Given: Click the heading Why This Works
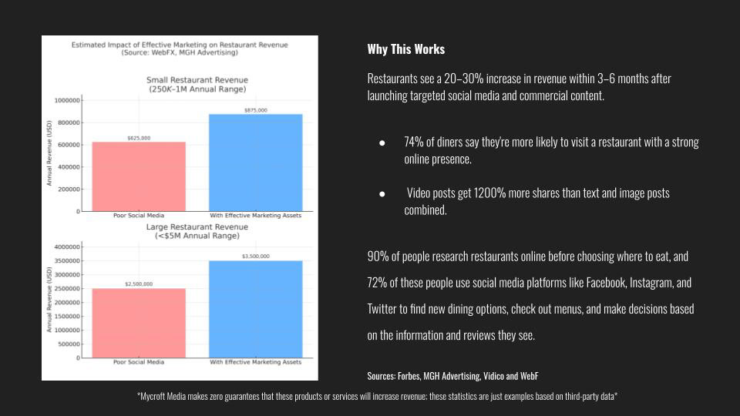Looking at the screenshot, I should coord(406,49).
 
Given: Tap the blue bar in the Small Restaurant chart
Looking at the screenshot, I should coord(256,162).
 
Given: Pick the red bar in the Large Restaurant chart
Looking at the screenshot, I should coord(139,323).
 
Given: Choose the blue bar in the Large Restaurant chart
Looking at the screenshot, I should coord(256,309).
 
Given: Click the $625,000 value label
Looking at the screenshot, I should coord(139,138).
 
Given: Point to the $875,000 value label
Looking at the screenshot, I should coord(256,110).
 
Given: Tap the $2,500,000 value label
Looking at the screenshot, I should coord(139,284).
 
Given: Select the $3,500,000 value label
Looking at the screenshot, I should coord(256,257).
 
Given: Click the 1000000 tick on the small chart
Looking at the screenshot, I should coord(66,100).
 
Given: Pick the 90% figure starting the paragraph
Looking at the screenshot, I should coord(378,257).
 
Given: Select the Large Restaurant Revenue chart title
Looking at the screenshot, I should coord(197,227).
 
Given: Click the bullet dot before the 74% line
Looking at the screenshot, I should coord(382,144).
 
